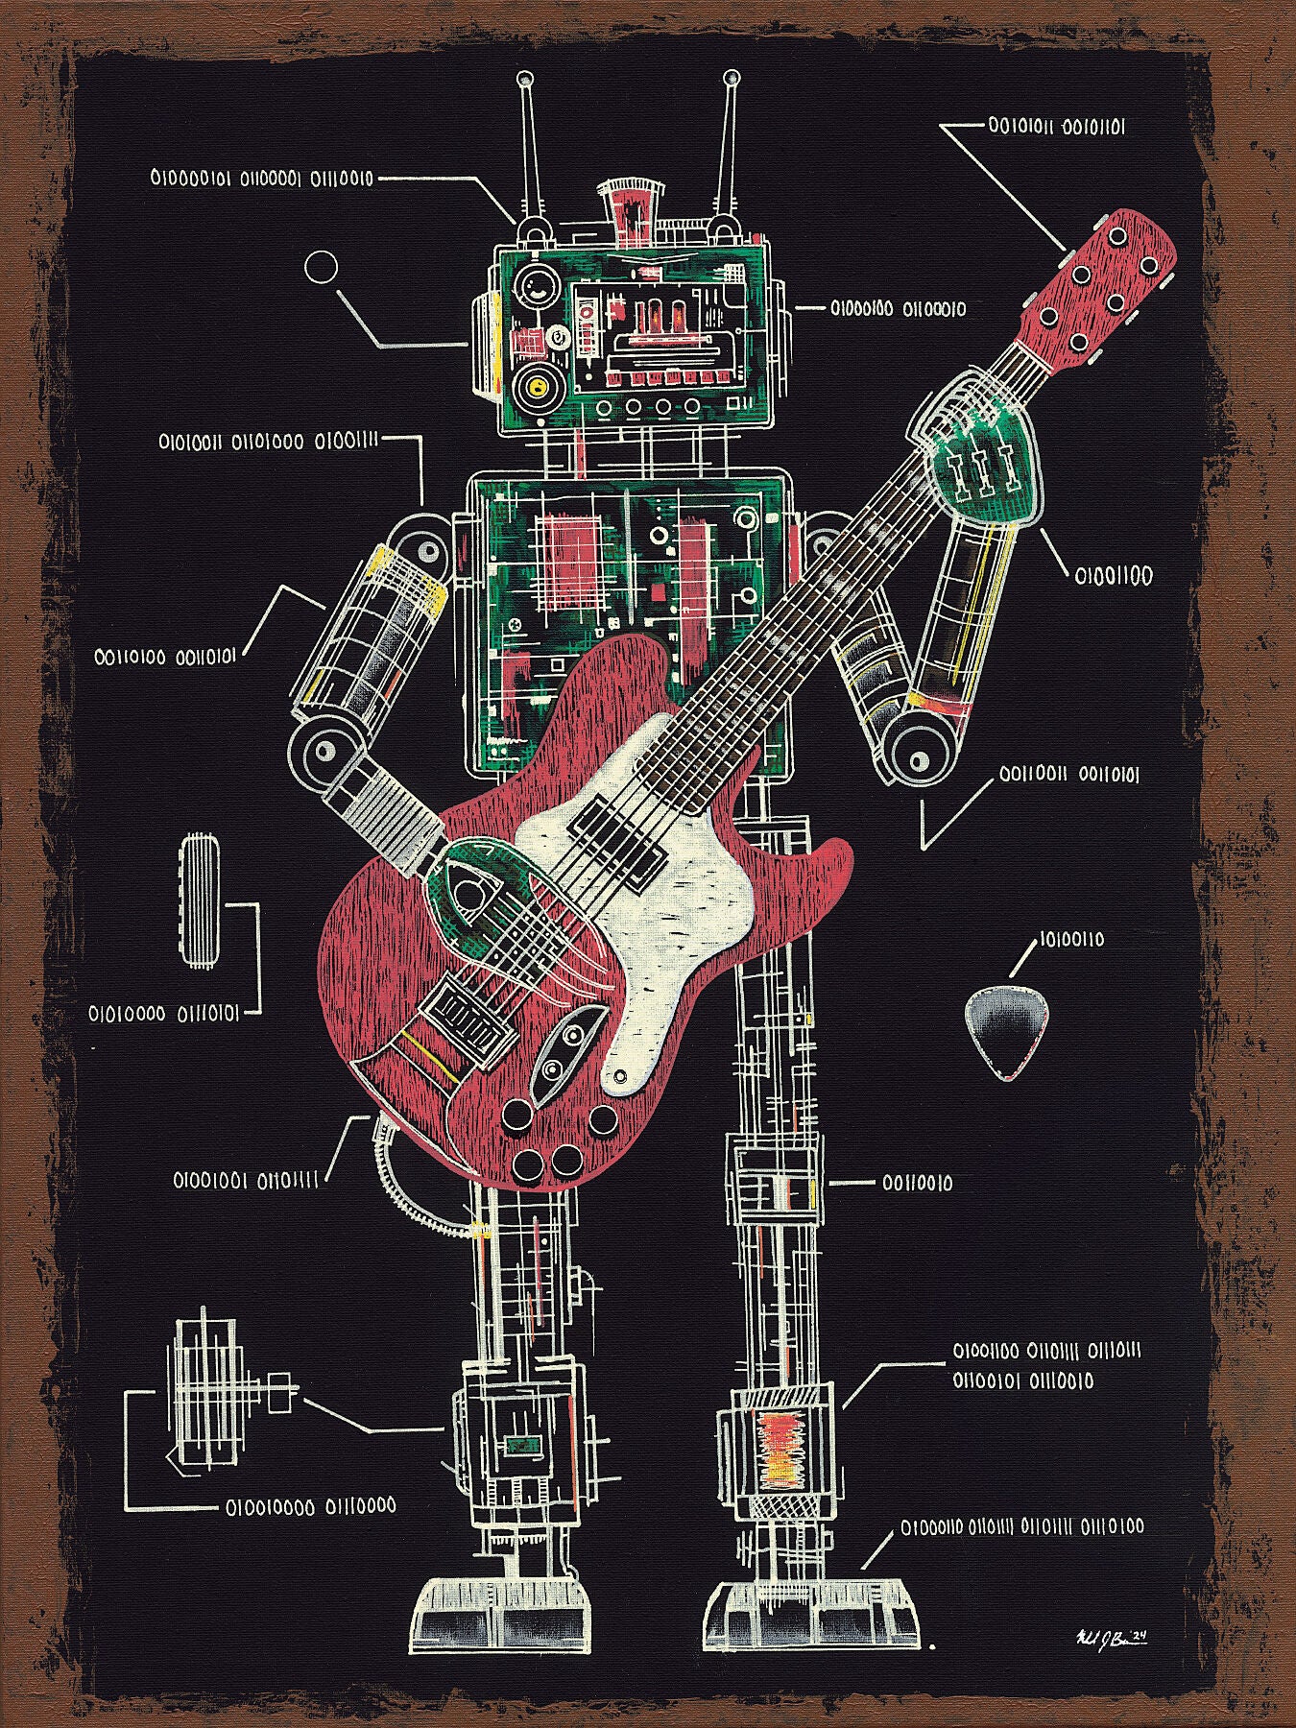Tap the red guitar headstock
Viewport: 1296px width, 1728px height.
pyautogui.click(x=1104, y=288)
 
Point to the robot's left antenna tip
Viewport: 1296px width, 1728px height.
pyautogui.click(x=524, y=78)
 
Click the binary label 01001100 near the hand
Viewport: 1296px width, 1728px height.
pyautogui.click(x=1113, y=576)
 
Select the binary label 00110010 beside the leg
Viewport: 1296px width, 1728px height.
pyautogui.click(x=918, y=1184)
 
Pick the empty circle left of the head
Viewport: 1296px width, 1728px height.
pyautogui.click(x=322, y=268)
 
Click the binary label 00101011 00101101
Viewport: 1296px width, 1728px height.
pyautogui.click(x=1056, y=126)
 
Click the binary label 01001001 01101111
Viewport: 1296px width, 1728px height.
pyautogui.click(x=246, y=1179)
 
